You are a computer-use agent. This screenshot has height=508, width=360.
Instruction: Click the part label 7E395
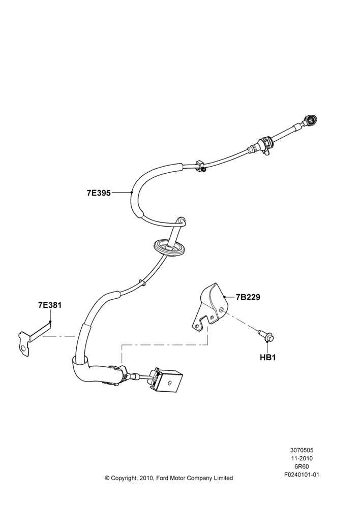[99, 193]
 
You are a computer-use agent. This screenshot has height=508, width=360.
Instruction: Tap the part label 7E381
[50, 305]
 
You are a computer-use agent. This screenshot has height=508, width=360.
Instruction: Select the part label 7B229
[248, 297]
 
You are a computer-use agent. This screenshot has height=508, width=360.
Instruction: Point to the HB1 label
[267, 358]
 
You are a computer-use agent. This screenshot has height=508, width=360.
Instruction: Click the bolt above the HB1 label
[266, 336]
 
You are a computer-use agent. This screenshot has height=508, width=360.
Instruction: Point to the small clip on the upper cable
[201, 165]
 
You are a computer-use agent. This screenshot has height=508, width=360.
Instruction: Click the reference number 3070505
[302, 450]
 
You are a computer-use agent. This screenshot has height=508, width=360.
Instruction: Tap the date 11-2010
[302, 458]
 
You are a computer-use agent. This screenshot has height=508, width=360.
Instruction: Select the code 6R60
[302, 466]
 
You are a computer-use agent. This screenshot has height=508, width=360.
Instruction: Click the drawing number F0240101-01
[302, 475]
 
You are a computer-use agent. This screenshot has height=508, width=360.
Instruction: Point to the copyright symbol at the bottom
[107, 478]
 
